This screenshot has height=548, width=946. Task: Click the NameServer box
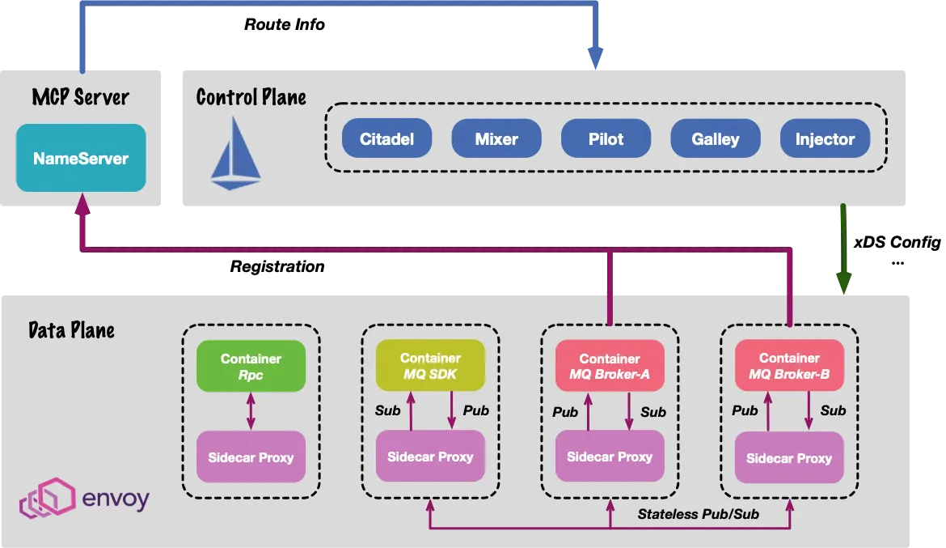(81, 158)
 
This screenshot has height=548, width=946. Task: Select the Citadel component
(386, 139)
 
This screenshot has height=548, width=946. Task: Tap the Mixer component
(496, 139)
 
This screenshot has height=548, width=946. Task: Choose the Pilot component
(606, 139)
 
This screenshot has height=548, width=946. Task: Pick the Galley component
(716, 139)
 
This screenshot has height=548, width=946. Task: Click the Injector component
(825, 139)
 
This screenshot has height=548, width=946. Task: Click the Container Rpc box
(251, 367)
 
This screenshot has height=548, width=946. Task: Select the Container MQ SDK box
(430, 366)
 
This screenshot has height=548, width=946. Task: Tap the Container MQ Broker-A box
(610, 367)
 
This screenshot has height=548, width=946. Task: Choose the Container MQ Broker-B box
(789, 366)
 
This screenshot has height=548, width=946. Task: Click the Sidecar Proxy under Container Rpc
(251, 457)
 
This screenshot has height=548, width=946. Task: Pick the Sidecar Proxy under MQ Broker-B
(789, 458)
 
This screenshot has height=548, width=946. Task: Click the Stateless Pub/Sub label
(699, 514)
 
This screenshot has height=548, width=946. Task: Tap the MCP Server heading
(81, 98)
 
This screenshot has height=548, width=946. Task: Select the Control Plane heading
(251, 98)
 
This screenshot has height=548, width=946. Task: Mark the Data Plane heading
(71, 330)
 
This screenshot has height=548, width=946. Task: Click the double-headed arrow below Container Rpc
(251, 411)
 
